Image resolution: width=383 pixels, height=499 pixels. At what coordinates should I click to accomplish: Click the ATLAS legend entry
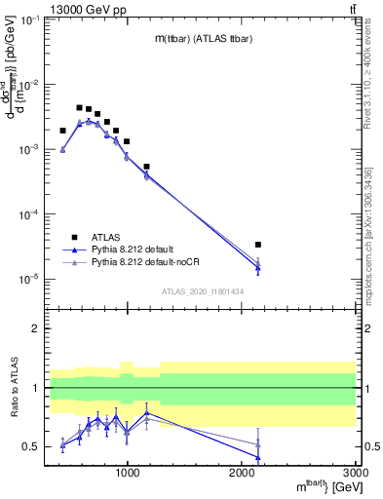pyautogui.click(x=106, y=237)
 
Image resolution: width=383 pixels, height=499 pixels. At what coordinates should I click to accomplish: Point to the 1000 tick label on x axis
pyautogui.click(x=127, y=475)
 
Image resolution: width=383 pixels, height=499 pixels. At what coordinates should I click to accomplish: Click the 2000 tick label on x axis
pyautogui.click(x=242, y=475)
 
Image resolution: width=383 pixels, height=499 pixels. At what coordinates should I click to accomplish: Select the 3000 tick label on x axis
pyautogui.click(x=356, y=475)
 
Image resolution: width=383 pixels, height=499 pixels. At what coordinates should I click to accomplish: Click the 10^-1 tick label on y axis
pyautogui.click(x=29, y=20)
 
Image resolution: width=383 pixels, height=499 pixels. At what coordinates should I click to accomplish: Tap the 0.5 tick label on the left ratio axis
pyautogui.click(x=31, y=447)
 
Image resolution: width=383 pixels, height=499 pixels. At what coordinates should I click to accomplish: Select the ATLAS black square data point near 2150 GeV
pyautogui.click(x=258, y=245)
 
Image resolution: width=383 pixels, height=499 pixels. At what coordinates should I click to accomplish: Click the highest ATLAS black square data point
pyautogui.click(x=80, y=107)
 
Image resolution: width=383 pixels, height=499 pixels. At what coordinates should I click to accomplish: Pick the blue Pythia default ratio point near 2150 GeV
pyautogui.click(x=258, y=457)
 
